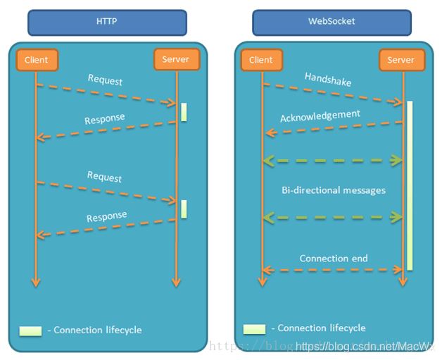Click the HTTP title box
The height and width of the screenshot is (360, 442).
tap(107, 22)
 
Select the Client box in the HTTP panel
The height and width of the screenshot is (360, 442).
tap(36, 61)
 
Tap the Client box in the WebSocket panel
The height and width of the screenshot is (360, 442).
tap(261, 61)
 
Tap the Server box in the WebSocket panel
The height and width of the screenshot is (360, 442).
tap(401, 61)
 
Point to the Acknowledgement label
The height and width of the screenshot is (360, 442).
tap(320, 116)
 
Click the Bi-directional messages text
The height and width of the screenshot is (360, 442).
tap(333, 190)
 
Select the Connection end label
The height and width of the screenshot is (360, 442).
tap(333, 259)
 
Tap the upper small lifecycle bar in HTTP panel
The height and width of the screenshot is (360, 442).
tap(184, 112)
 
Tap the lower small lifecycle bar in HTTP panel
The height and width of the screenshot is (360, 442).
tap(184, 209)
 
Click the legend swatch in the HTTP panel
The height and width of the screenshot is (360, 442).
tap(30, 330)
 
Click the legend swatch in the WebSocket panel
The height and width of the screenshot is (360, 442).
tap(254, 328)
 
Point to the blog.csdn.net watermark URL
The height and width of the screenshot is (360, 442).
tap(366, 347)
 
